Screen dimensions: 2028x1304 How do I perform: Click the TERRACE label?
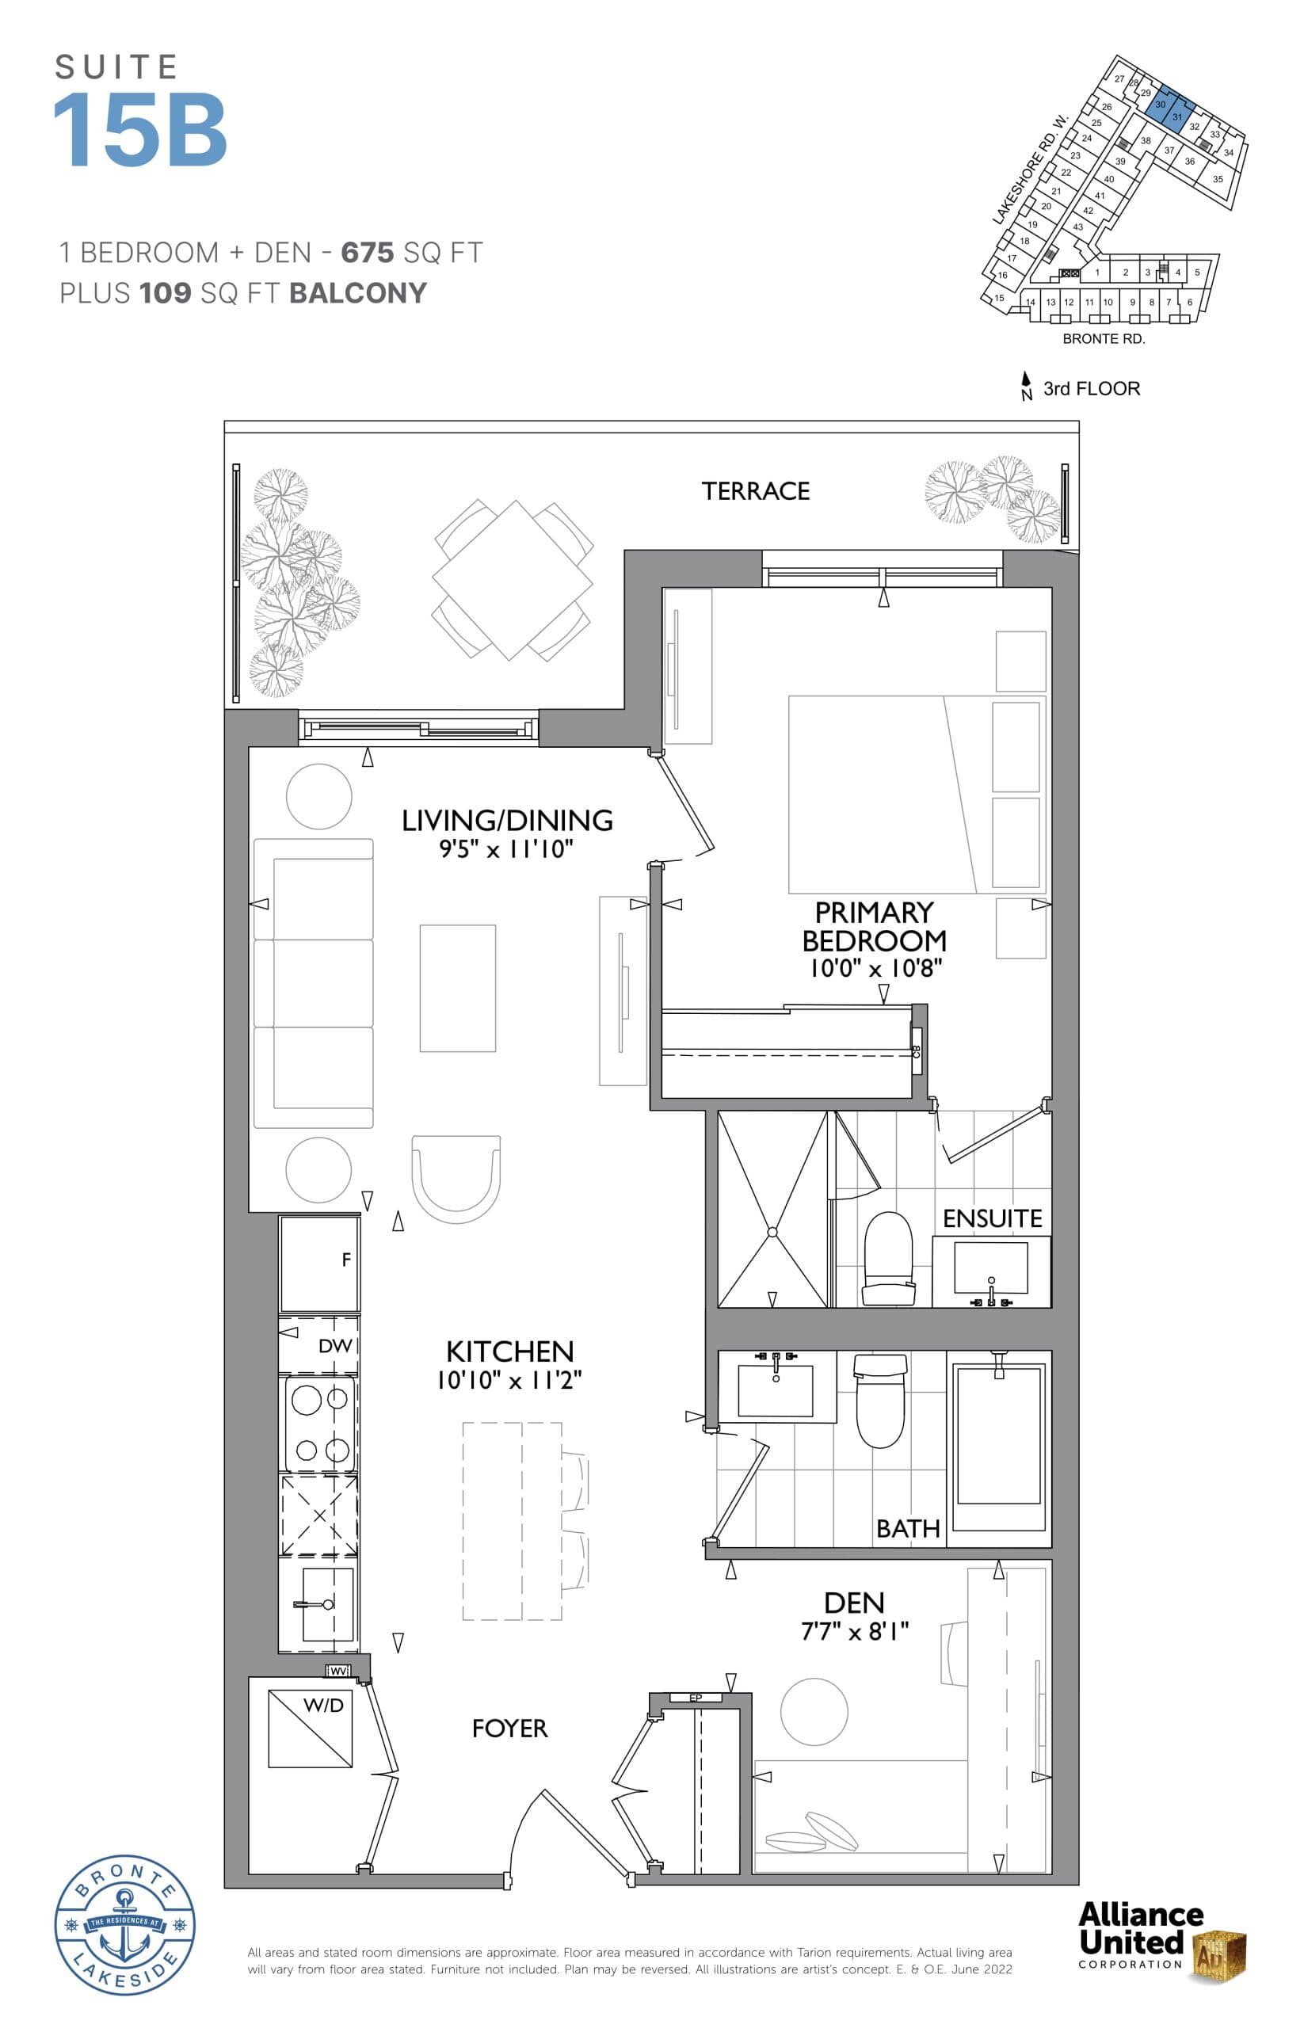coord(755,491)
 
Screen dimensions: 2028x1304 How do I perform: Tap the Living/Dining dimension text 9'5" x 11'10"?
coord(505,849)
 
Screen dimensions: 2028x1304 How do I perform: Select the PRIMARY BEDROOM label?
coord(874,926)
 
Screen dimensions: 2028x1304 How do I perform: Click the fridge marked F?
coord(319,1264)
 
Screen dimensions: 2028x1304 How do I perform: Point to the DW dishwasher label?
coord(334,1345)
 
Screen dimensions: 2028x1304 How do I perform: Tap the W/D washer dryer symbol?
coord(310,1729)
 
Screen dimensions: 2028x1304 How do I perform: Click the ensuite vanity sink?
coord(991,1267)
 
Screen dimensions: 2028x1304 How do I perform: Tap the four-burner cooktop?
coord(320,1424)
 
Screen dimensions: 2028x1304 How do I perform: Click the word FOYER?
coord(509,1729)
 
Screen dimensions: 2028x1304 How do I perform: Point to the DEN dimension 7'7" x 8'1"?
coord(854,1631)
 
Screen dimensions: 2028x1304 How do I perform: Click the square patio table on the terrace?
coord(512,580)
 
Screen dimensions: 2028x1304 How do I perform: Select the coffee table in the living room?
coord(457,988)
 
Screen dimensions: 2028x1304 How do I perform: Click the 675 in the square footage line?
coord(367,253)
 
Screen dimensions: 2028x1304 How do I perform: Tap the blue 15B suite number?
coord(140,130)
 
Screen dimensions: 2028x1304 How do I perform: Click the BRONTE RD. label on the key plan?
coord(1104,339)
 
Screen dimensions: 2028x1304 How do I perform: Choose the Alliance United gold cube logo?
coord(1219,1956)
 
